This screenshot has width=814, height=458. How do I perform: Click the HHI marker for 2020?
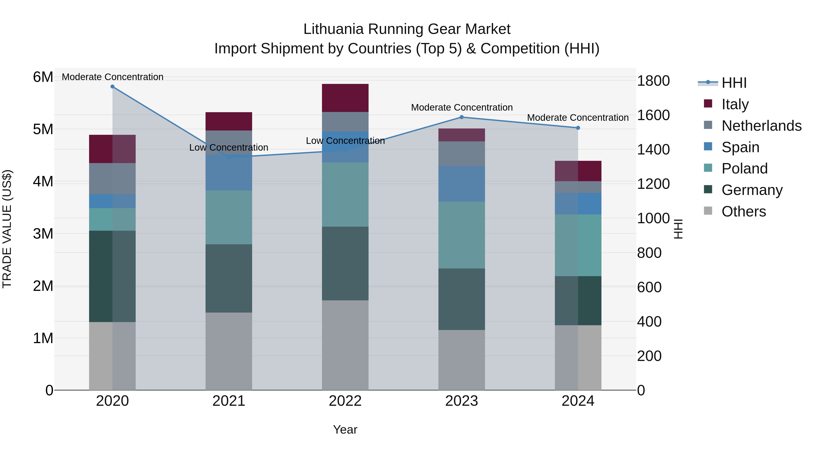[113, 87]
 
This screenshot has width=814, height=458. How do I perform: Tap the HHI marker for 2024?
[578, 128]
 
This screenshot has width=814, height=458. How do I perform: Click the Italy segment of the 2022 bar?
[345, 98]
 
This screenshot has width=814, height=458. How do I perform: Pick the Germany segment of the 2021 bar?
[229, 278]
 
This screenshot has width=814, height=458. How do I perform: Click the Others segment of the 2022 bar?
[345, 345]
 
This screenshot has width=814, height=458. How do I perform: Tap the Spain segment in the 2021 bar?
[229, 173]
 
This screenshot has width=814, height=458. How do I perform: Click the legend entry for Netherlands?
[761, 126]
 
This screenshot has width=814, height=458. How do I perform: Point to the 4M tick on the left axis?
[43, 182]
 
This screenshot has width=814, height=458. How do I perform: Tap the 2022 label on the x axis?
[345, 401]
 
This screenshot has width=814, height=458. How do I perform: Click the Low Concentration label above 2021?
[229, 148]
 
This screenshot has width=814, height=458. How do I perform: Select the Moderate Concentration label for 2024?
[578, 118]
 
